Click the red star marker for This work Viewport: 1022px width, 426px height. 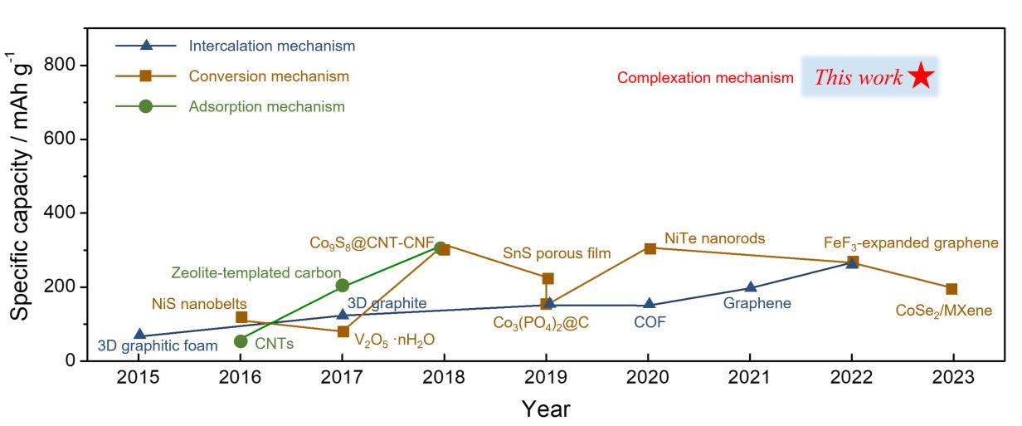pos(921,77)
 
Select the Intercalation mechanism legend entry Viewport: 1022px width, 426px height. pos(271,46)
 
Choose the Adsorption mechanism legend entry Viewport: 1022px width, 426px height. pos(266,106)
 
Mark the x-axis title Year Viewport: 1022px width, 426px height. pos(545,409)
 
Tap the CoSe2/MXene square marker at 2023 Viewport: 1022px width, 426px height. pos(951,289)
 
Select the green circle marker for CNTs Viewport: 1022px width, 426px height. pos(241,341)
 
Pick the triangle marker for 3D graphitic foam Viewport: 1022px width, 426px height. pos(139,335)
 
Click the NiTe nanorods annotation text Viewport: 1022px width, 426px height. pos(714,239)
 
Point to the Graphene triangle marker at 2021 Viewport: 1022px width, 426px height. pos(750,288)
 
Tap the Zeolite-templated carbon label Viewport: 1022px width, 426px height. pos(256,272)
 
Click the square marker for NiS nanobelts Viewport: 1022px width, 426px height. pos(241,317)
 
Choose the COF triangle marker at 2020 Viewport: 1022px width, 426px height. pos(650,305)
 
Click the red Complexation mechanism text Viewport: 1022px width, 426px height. pos(705,79)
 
